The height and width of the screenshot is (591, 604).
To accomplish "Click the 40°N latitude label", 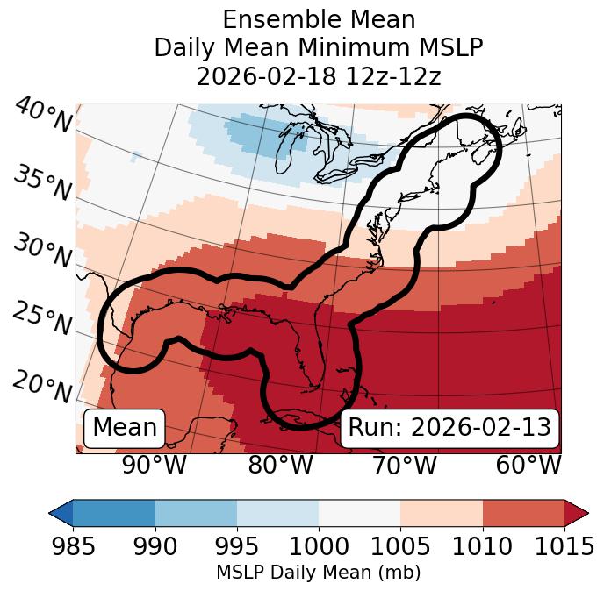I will [41, 115].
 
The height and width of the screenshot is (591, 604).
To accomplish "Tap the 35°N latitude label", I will [41, 183].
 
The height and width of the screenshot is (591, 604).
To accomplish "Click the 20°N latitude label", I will [41, 386].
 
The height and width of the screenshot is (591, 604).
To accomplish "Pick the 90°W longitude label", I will [155, 465].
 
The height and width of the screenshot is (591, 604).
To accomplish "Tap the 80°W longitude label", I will [280, 465].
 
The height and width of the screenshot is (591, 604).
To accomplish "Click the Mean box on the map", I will [125, 428].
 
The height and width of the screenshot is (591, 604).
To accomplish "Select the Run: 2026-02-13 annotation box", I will [449, 428].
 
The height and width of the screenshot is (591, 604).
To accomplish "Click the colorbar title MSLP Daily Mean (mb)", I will [319, 573].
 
